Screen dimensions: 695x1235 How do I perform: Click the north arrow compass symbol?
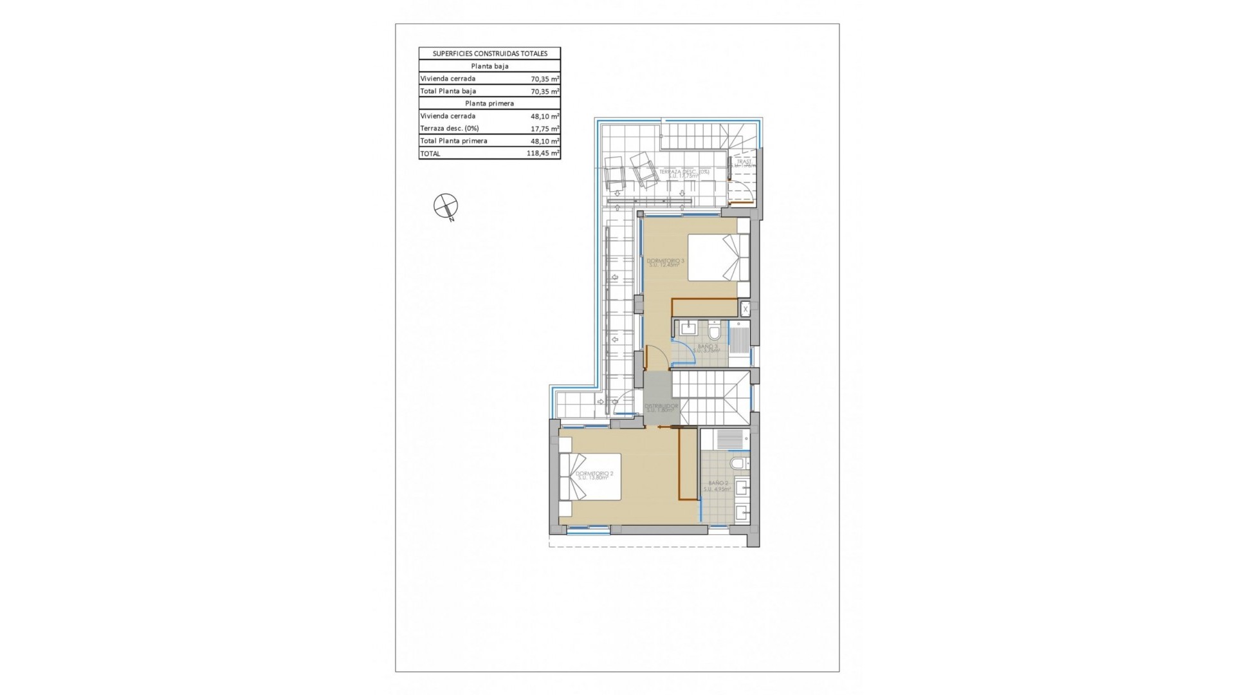tap(445, 206)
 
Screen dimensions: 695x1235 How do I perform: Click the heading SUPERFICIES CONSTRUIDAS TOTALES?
tap(489, 53)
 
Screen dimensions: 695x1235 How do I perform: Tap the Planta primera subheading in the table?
tap(489, 103)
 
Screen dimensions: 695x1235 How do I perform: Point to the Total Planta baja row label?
tap(448, 91)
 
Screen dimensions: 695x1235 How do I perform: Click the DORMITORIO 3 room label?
tap(665, 262)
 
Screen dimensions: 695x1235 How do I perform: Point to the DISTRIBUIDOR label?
tap(662, 407)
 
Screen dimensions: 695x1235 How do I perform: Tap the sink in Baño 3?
tap(688, 329)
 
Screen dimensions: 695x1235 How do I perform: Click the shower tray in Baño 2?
tap(729, 440)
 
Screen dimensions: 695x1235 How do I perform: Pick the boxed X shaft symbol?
tap(746, 309)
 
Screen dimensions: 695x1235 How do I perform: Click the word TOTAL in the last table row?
tap(430, 153)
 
